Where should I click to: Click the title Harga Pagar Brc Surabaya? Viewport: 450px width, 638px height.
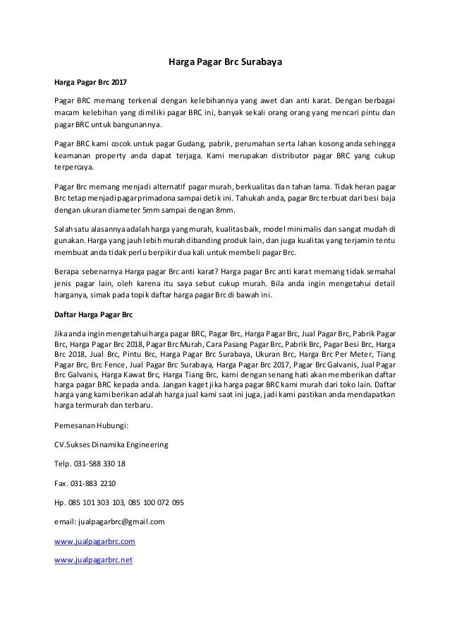coord(224,61)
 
